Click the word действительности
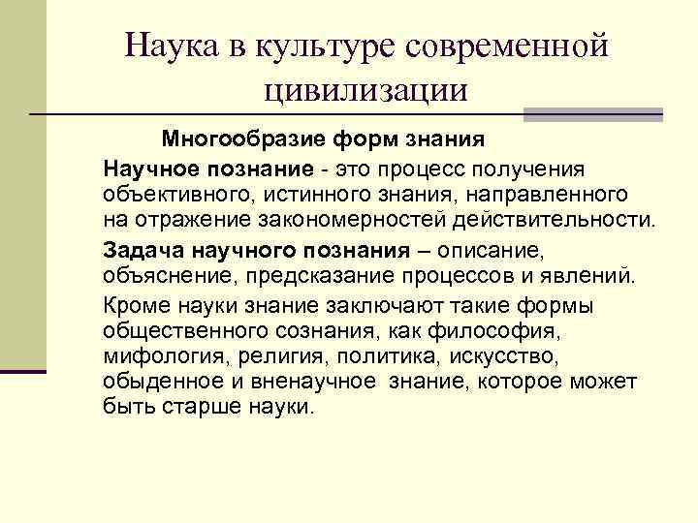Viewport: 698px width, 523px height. click(552, 220)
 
